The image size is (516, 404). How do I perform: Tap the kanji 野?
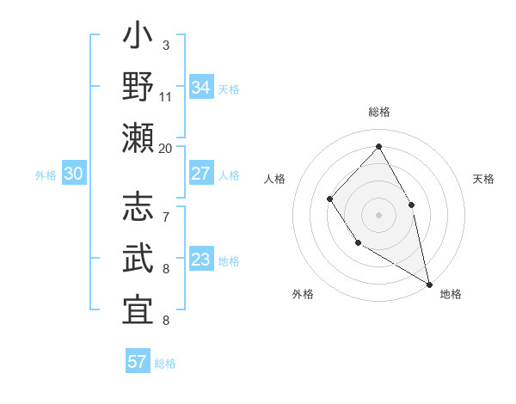138,89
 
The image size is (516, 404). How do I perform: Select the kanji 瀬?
138,138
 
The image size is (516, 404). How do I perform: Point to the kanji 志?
138,209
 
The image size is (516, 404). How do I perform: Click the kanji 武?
138,259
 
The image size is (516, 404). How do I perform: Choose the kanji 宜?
138,309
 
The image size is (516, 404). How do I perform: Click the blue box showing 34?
200,88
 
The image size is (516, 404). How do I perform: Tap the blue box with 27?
200,174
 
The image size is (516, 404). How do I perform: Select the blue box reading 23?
200,260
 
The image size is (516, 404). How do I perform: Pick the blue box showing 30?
73,174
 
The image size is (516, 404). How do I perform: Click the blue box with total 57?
138,362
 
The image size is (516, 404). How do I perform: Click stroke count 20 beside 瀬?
165,148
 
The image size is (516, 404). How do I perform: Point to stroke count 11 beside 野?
165,96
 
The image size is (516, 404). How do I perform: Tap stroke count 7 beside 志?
165,217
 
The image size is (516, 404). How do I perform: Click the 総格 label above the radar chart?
378,112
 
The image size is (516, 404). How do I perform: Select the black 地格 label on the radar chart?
451,295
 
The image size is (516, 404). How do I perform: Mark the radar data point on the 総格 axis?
378,146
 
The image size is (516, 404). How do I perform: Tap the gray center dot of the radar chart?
378,214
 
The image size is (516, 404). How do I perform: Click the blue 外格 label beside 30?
46,175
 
